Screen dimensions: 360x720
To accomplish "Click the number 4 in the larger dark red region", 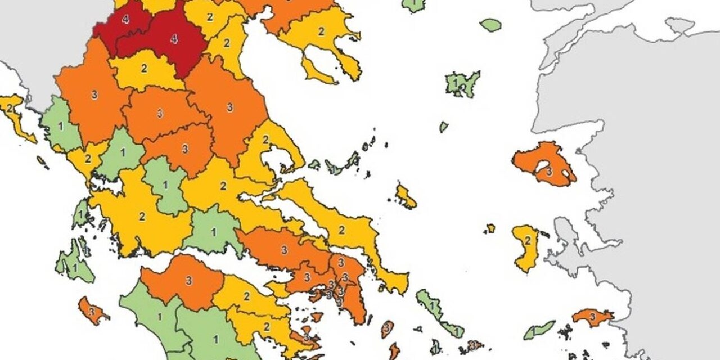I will [x=174, y=39].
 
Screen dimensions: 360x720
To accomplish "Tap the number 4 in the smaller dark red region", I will [x=125, y=20].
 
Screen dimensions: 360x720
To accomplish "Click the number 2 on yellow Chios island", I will [x=528, y=241].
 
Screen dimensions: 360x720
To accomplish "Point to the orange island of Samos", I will [x=592, y=317].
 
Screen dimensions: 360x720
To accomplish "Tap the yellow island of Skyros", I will [x=406, y=196].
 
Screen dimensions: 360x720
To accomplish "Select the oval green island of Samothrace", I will [x=490, y=25].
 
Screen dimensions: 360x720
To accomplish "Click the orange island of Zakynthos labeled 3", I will [x=92, y=310].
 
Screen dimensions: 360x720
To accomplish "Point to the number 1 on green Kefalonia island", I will [x=75, y=267].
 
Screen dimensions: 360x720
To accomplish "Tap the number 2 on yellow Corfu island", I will [x=10, y=107].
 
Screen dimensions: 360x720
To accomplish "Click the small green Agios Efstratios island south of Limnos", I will [x=443, y=127].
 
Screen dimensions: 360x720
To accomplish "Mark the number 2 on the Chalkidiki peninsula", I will [x=321, y=32].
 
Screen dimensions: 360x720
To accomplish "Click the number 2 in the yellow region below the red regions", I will [x=144, y=69].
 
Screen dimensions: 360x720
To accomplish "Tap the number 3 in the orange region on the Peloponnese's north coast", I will [x=188, y=280].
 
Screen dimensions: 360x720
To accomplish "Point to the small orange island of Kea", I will [x=386, y=327].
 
